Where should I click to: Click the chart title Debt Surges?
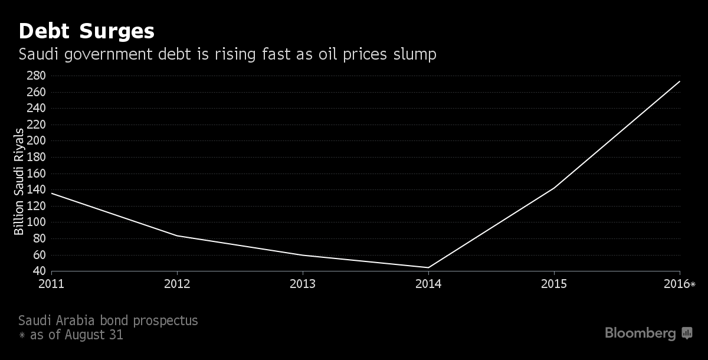[87, 31]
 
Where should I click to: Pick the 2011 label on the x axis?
[52, 284]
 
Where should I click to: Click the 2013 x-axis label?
[303, 284]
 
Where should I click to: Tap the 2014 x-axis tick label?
[428, 284]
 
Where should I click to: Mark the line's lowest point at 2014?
[428, 267]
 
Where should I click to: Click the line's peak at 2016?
[680, 81]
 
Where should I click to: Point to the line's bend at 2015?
[554, 188]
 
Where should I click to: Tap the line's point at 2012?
[177, 235]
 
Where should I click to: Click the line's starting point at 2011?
[52, 193]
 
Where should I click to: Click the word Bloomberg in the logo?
[640, 333]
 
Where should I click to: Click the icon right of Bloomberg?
[687, 333]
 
